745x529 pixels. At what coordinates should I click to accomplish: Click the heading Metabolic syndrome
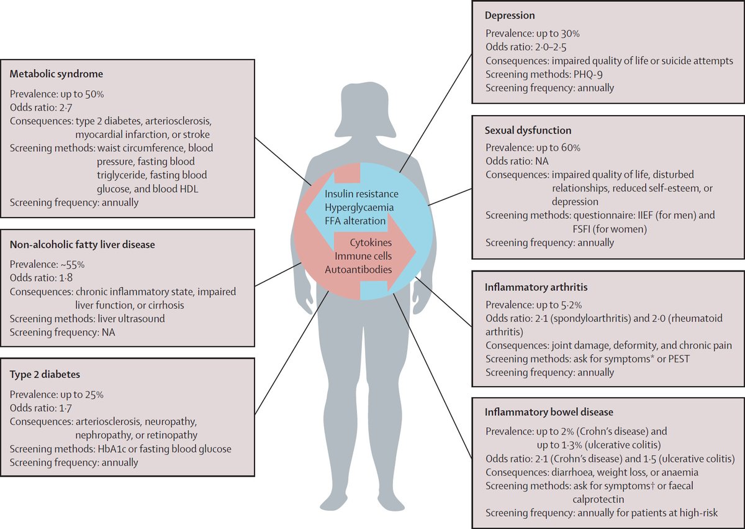click(56, 73)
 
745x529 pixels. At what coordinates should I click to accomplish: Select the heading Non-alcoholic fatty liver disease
click(82, 245)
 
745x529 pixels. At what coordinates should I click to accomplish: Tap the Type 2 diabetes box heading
click(45, 375)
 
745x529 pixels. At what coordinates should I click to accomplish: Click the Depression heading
click(510, 16)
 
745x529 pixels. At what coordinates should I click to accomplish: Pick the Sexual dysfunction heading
click(528, 130)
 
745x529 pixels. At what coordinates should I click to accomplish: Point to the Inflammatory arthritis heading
click(536, 287)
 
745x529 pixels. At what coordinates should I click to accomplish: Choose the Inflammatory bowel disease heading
click(549, 412)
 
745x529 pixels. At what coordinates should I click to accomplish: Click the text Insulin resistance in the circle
click(361, 194)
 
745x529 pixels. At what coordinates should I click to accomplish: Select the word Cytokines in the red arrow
click(371, 242)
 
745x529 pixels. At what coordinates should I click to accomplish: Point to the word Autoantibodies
click(358, 269)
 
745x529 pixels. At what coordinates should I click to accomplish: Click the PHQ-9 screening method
click(588, 74)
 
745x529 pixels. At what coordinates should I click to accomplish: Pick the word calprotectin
click(598, 499)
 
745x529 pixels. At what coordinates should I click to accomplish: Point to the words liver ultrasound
click(131, 319)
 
